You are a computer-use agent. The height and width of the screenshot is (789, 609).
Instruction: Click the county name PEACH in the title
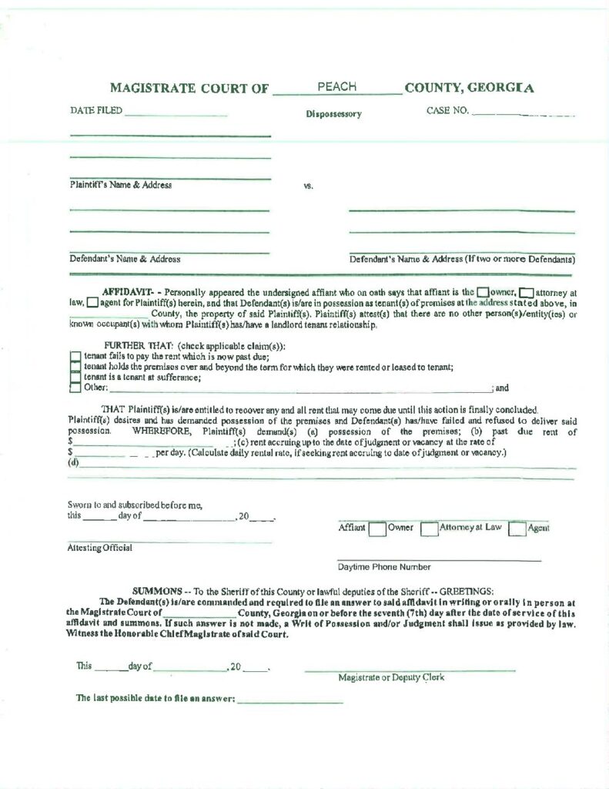pyautogui.click(x=336, y=87)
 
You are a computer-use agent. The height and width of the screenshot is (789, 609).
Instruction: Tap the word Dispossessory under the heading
pyautogui.click(x=333, y=114)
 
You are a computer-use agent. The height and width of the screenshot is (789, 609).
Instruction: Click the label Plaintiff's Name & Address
pyautogui.click(x=121, y=185)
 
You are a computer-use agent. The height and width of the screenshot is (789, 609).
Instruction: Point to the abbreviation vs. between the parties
pyautogui.click(x=309, y=186)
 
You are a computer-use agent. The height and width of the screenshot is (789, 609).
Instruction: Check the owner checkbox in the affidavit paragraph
pyautogui.click(x=483, y=293)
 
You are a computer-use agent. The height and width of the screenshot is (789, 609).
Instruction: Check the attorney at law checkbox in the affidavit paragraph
pyautogui.click(x=526, y=293)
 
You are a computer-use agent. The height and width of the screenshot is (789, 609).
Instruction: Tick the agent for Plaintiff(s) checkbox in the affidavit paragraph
pyautogui.click(x=92, y=303)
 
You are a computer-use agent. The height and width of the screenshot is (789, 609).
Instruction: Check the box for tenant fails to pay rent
pyautogui.click(x=75, y=357)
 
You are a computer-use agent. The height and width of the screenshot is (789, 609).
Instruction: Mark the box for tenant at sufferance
pyautogui.click(x=75, y=378)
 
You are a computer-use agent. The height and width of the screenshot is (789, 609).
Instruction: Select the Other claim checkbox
pyautogui.click(x=75, y=388)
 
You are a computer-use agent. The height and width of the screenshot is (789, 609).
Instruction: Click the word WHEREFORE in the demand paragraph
pyautogui.click(x=160, y=431)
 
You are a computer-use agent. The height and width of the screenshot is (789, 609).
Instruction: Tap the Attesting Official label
pyautogui.click(x=99, y=548)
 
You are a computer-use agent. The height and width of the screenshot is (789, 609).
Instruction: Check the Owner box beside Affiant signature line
pyautogui.click(x=377, y=529)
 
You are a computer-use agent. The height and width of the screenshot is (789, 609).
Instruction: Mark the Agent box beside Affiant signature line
pyautogui.click(x=517, y=529)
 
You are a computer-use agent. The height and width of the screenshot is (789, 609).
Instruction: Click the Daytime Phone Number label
pyautogui.click(x=383, y=567)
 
